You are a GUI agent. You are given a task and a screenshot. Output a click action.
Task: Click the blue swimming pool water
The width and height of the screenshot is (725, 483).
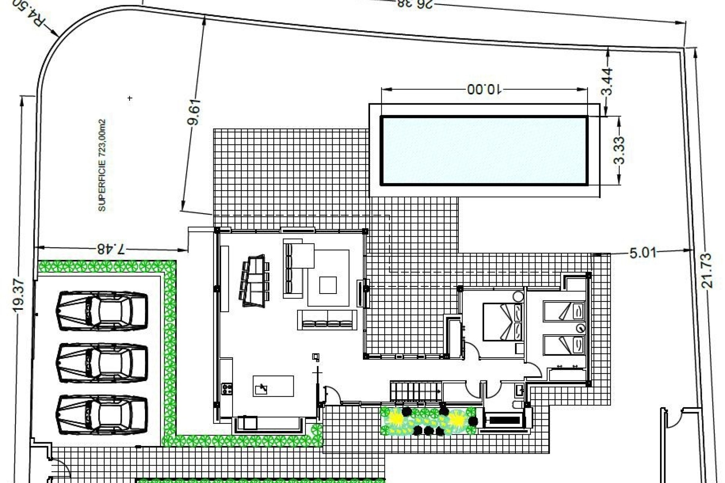click(484, 151)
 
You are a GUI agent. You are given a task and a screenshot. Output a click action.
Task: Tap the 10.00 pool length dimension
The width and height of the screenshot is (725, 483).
click(484, 90)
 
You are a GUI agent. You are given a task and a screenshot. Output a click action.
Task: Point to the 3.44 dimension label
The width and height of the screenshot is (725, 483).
click(607, 82)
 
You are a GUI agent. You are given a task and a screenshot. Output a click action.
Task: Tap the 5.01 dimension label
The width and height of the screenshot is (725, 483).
click(643, 252)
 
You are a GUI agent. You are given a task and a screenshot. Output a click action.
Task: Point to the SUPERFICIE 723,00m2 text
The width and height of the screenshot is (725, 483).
click(102, 165)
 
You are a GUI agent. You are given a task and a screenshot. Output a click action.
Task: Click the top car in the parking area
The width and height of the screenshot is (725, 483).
click(102, 311)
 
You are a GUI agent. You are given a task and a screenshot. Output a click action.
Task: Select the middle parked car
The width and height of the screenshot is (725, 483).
click(102, 363)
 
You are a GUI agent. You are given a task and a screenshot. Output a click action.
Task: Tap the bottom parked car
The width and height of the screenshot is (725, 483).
click(102, 414)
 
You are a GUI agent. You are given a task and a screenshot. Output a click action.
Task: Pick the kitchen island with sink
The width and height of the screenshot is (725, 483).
click(273, 386)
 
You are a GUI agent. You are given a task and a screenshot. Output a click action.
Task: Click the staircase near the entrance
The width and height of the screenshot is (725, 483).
click(416, 391)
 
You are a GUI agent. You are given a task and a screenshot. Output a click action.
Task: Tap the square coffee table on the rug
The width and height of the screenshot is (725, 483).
click(328, 285)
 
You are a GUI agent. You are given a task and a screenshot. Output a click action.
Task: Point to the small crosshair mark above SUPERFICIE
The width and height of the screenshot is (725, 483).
click(130, 98)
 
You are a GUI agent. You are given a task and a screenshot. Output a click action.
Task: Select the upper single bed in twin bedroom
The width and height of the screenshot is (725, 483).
click(564, 311)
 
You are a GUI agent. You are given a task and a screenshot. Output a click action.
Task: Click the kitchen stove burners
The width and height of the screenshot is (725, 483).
click(227, 389)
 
